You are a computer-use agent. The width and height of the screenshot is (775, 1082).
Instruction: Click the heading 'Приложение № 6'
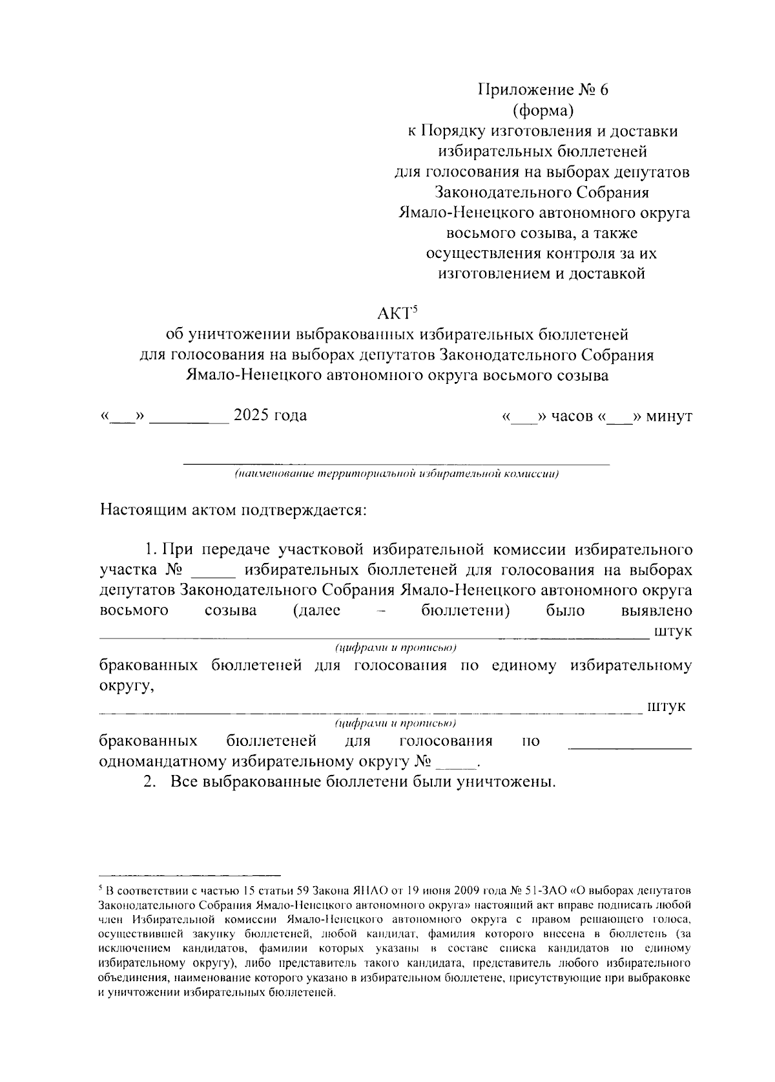(x=542, y=90)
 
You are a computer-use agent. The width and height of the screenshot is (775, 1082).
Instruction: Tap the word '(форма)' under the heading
(x=542, y=111)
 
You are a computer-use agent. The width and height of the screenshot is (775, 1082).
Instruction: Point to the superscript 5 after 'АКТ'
(x=417, y=309)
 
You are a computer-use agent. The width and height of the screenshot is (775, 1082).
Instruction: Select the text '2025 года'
(x=270, y=416)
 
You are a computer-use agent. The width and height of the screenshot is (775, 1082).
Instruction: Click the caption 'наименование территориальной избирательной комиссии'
(x=397, y=474)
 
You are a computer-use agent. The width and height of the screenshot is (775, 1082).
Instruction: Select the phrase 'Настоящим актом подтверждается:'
(x=234, y=511)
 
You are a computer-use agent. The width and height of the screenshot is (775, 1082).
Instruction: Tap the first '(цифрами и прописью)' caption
(x=396, y=648)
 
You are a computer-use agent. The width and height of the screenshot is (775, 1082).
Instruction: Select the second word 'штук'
(x=666, y=706)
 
